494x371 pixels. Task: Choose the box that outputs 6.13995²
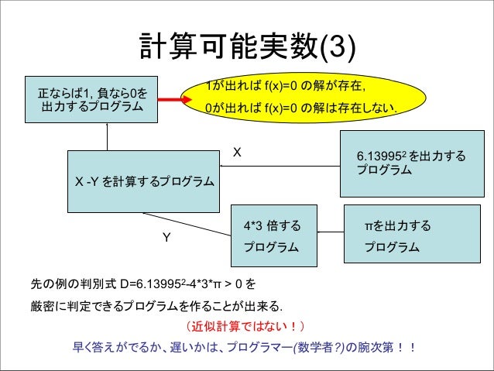(x=410, y=163)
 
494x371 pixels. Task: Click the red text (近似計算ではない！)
(x=246, y=325)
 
